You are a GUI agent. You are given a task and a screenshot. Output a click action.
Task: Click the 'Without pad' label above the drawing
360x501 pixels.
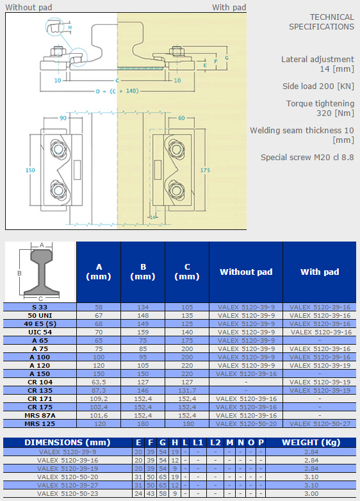28,7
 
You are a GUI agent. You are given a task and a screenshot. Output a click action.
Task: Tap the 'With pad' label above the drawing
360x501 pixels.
229,7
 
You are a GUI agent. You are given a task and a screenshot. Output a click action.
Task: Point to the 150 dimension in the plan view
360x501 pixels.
30,170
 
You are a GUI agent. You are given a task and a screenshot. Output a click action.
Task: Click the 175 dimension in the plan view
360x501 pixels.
205,170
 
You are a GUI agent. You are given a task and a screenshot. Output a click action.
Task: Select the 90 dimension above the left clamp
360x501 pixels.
63,119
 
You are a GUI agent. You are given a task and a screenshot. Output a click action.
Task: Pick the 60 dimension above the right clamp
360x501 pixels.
181,119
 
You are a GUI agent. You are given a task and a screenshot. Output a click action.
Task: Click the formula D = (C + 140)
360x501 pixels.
117,91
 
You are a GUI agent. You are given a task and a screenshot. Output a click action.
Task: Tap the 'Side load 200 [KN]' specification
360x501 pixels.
318,86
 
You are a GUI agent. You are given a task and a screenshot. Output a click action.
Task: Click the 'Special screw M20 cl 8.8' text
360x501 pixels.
307,157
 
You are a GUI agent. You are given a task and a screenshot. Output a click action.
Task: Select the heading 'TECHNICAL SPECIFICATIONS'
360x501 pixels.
322,22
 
